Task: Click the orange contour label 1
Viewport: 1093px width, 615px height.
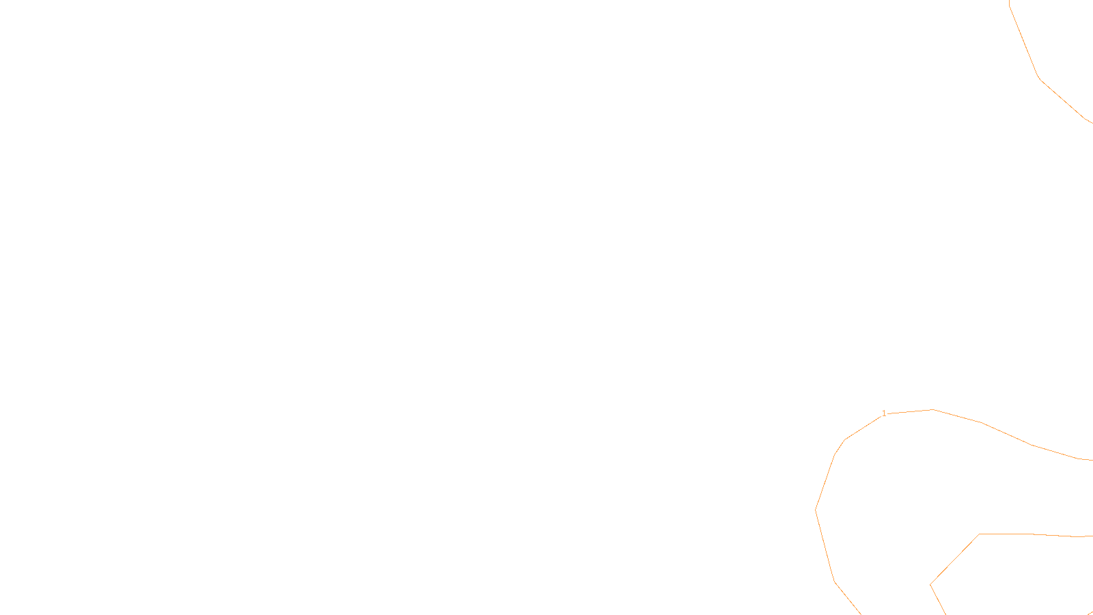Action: click(884, 413)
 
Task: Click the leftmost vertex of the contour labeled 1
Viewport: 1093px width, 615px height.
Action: click(816, 510)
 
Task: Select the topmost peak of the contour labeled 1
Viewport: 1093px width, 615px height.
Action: click(933, 410)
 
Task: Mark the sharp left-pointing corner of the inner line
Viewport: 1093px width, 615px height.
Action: click(930, 584)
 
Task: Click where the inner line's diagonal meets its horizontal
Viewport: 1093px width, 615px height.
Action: click(980, 534)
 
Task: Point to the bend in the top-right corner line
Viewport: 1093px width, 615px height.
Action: click(1039, 78)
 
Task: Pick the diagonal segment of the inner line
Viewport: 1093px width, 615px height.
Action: click(955, 560)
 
